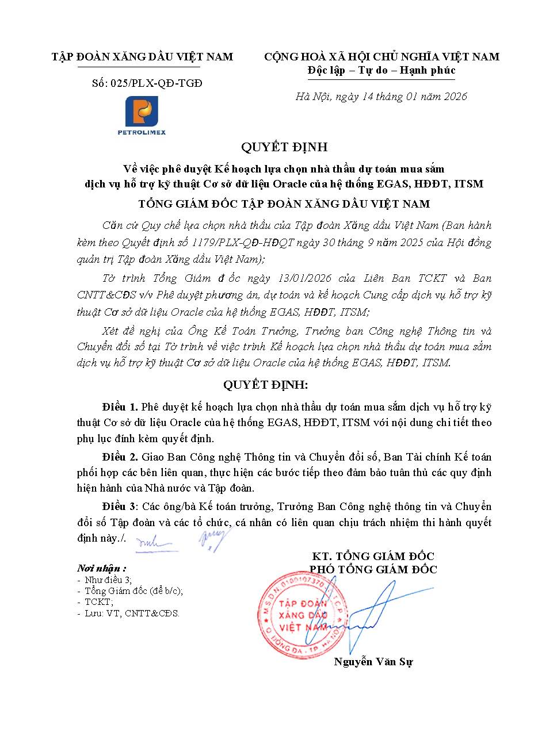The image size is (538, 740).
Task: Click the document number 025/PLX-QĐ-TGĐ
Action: [147, 84]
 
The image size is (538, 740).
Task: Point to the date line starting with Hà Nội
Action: [381, 97]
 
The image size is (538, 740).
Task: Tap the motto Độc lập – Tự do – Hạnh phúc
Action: [381, 70]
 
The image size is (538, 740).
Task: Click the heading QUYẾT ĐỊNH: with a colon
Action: [268, 384]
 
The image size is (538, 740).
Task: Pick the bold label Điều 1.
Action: [120, 407]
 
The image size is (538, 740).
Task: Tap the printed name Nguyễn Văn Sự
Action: [373, 662]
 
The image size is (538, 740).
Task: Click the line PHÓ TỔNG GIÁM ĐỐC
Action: [373, 570]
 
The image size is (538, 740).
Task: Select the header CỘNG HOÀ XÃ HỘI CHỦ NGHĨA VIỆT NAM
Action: [381, 57]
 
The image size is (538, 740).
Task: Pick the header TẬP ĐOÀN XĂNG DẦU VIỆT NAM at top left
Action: [143, 57]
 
